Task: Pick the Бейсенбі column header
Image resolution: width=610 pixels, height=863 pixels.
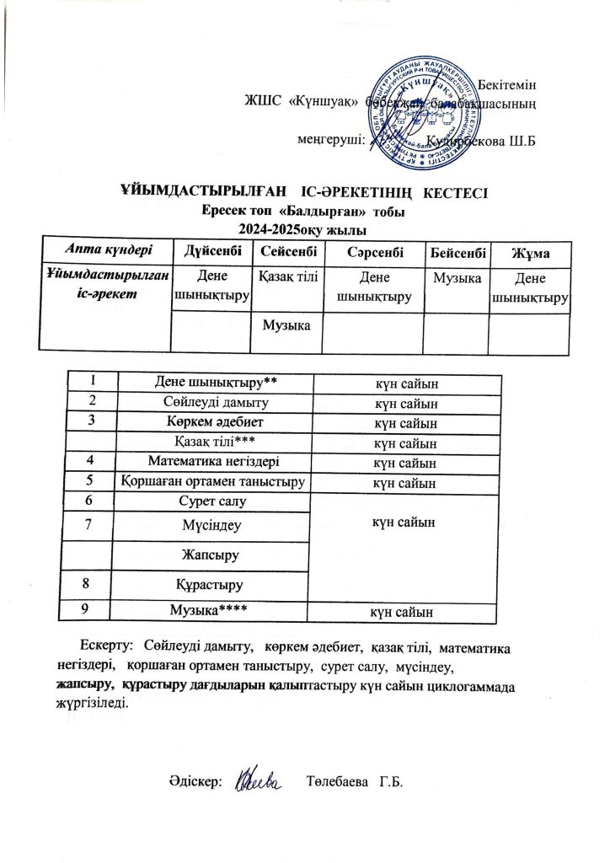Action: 456,251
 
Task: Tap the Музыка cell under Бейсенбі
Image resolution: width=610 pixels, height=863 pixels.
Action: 456,277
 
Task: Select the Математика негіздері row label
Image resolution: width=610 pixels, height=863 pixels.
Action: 212,461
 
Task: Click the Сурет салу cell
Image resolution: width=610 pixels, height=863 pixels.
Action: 212,501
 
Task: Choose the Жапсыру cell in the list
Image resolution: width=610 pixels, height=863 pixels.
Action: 212,555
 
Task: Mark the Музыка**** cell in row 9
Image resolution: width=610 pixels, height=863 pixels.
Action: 212,608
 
